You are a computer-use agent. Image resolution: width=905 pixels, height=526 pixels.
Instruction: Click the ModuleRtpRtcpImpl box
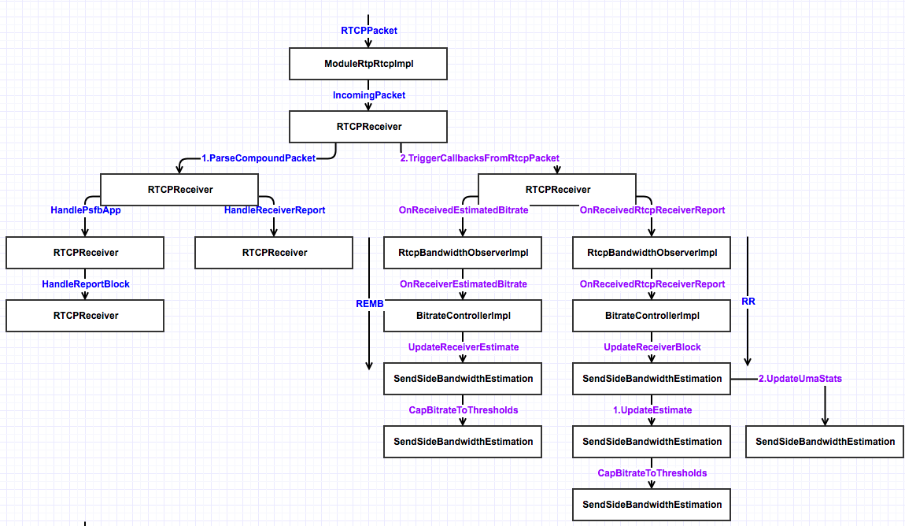pos(368,64)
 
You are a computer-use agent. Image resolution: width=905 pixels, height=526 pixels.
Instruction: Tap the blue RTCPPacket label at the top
pos(368,31)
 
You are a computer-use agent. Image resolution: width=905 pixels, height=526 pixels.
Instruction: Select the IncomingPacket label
pos(368,95)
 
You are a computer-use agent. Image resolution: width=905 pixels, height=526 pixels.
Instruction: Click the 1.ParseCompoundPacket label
pos(258,158)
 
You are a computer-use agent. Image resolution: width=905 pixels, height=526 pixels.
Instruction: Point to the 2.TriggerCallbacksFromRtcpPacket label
pos(480,158)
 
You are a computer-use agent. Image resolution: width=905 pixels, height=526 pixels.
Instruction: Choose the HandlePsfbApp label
pos(85,210)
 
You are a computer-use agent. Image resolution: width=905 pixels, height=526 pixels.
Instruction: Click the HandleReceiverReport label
pos(274,210)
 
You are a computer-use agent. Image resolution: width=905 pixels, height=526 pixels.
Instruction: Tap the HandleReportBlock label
pos(85,283)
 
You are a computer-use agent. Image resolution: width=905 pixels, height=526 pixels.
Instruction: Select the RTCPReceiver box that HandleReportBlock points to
pos(85,316)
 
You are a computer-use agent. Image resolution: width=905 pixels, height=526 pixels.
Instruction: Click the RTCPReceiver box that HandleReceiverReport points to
pos(274,253)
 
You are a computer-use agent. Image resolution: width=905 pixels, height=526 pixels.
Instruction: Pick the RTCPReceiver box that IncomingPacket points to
pos(368,127)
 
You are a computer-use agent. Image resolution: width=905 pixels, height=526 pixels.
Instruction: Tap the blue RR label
pos(748,301)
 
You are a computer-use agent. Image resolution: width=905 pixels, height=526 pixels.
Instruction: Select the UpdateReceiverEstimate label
pos(463,347)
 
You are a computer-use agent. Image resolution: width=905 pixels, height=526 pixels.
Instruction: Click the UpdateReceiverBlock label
pos(652,347)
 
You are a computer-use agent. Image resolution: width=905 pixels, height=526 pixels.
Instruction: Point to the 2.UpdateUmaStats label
pos(800,379)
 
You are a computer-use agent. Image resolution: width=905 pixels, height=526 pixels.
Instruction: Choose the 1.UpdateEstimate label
pos(652,410)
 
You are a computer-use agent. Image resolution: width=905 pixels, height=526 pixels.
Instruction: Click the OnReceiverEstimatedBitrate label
pos(463,283)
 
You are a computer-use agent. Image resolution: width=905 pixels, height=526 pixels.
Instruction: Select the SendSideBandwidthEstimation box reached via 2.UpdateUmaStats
pos(825,442)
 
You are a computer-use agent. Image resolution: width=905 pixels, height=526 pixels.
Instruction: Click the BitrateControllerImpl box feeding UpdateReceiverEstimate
pos(463,316)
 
